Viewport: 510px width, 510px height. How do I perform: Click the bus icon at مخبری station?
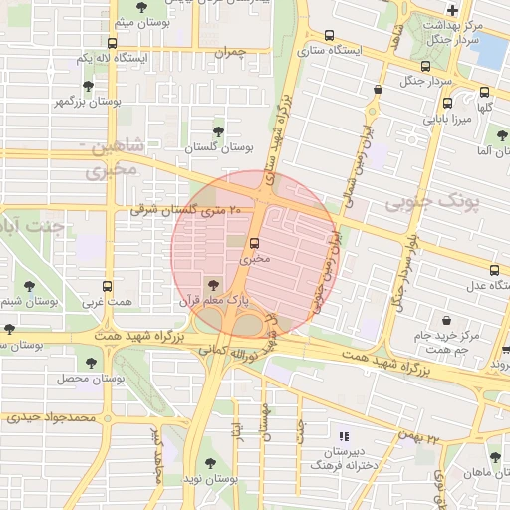click(x=255, y=242)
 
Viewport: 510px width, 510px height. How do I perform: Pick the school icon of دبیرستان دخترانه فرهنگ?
click(x=345, y=436)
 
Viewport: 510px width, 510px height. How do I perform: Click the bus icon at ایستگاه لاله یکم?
click(x=112, y=44)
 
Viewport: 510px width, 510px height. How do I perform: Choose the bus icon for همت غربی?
click(x=98, y=285)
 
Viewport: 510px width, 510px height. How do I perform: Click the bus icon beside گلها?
click(x=446, y=104)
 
